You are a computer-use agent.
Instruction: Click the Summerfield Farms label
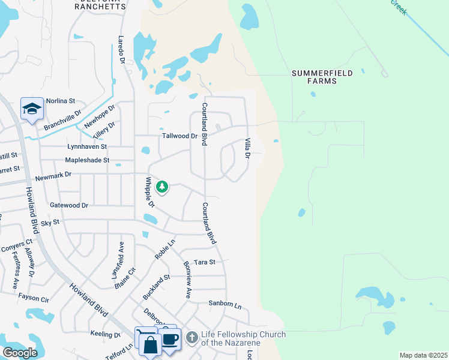pos(314,77)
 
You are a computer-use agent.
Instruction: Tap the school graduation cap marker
pos(32,109)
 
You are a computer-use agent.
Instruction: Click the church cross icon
pos(191,338)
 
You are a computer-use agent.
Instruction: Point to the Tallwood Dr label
pos(179,136)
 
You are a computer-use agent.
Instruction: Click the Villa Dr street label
pos(247,148)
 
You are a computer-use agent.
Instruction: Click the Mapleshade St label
pos(87,160)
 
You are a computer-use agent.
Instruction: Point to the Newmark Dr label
pos(53,175)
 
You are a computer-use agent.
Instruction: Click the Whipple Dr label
pos(150,193)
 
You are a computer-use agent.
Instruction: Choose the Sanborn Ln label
pos(224,305)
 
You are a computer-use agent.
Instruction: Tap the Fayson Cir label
pos(33,298)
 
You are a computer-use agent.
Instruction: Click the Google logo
pos(20,353)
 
